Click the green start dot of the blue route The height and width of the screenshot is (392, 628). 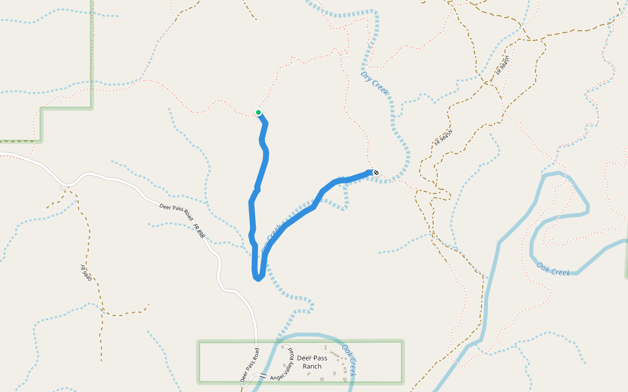pos(258,112)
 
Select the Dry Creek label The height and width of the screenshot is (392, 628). pos(374,83)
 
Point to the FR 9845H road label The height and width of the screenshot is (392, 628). pos(502,65)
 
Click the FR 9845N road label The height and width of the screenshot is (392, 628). pos(443,138)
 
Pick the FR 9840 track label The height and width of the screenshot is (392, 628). pos(85,272)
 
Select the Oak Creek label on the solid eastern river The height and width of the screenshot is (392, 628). pos(553,269)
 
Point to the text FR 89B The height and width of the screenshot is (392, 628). pos(199,231)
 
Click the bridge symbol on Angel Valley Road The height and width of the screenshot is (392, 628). pos(263,377)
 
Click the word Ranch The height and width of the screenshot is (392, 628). pos(312,367)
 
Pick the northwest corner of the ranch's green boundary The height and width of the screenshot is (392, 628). pos(199,342)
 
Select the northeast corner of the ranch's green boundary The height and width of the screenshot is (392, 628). pos(402,341)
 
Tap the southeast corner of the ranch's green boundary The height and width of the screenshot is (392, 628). pos(402,382)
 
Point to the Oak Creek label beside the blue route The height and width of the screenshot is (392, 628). pos(271,239)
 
